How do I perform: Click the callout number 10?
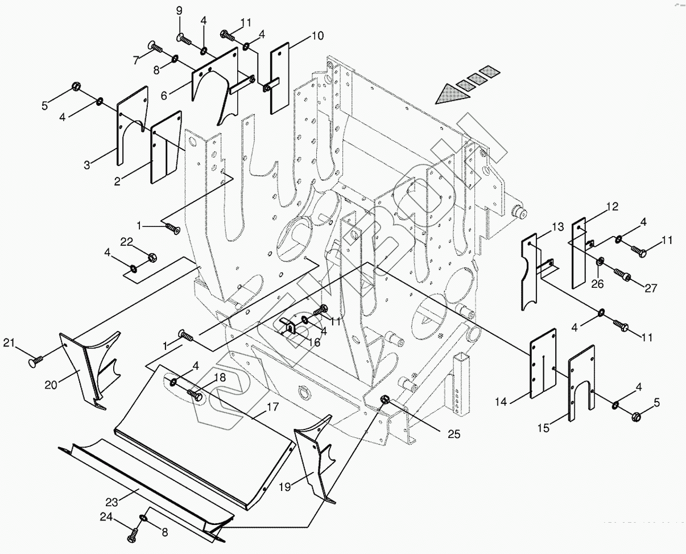[x=317, y=37]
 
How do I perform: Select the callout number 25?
[x=453, y=435]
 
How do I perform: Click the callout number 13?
[x=557, y=228]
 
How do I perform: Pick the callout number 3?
[x=87, y=166]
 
